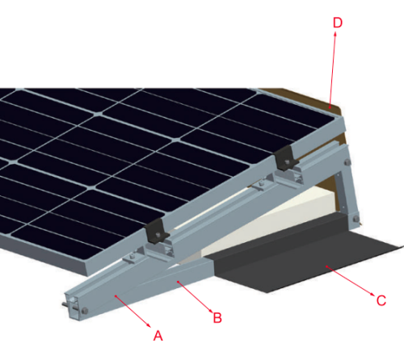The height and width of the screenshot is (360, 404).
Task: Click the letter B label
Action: click(217, 316)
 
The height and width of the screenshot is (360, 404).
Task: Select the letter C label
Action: click(381, 301)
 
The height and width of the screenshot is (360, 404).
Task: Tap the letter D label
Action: click(338, 22)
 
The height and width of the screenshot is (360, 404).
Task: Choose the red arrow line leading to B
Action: click(194, 295)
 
